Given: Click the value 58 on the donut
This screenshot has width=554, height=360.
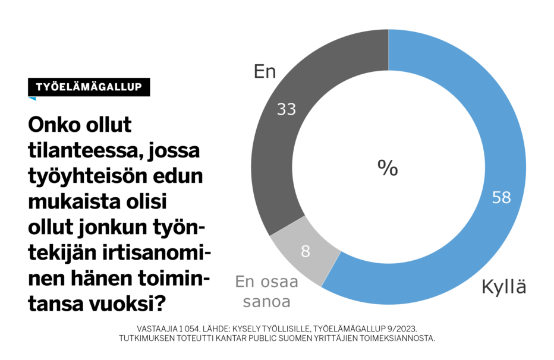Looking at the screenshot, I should click(x=502, y=198).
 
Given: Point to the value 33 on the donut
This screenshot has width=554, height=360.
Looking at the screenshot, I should click(x=286, y=109).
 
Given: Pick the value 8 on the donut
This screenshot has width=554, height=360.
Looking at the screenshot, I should click(x=306, y=251).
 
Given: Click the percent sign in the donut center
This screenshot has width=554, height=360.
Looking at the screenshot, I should click(x=388, y=168).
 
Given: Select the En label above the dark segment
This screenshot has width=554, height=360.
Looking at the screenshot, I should click(x=265, y=72).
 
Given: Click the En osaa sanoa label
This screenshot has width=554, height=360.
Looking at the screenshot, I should click(x=266, y=291).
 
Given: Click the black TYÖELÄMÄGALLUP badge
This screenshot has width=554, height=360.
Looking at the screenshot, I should click(x=89, y=87).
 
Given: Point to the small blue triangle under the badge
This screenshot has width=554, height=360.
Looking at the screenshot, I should click(x=32, y=99).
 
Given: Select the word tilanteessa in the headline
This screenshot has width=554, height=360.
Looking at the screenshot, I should click(x=83, y=151).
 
